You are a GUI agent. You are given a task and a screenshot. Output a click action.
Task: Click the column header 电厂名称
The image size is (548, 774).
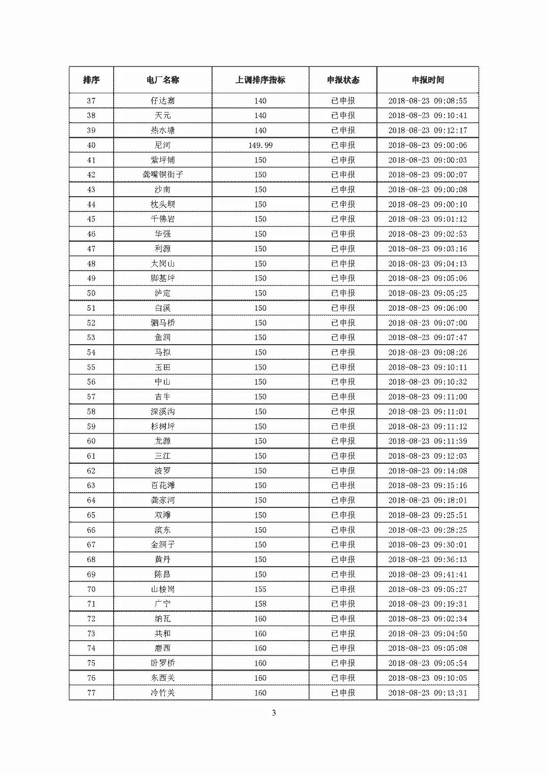coord(162,80)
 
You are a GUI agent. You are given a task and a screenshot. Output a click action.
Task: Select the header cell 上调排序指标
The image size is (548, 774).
coord(260,80)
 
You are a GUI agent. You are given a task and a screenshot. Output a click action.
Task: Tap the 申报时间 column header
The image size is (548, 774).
coord(428,80)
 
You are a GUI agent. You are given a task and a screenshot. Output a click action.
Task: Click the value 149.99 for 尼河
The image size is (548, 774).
coord(260,145)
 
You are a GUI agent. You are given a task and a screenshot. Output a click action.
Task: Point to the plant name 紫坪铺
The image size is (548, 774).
coord(162,160)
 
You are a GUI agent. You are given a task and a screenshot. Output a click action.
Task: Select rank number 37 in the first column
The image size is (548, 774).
coord(91,101)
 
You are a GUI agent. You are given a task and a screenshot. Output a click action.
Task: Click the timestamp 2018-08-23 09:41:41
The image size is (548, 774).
coord(428,574)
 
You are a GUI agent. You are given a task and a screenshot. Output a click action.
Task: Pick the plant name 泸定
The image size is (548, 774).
coord(162,293)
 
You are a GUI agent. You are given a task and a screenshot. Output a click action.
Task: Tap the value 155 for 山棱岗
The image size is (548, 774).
coord(260,589)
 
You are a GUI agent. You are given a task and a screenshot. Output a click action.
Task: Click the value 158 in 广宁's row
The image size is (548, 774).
coord(260,604)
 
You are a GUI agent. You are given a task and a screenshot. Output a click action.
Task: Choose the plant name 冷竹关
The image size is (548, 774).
coord(162,692)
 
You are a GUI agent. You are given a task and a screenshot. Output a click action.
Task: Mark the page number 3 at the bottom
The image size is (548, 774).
coord(274,713)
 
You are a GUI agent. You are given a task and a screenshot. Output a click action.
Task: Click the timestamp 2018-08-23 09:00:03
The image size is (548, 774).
coord(428,160)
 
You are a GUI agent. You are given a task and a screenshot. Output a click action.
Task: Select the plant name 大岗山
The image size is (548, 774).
coord(162,264)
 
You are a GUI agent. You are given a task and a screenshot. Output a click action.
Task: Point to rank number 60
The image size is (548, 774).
coord(91,441)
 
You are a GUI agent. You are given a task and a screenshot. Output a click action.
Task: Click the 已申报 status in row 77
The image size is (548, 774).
coord(343,692)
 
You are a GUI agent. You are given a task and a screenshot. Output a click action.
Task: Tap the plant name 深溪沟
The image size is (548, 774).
coord(162,412)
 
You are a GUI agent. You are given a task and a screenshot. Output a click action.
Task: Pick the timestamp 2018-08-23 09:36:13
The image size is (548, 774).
coord(428,560)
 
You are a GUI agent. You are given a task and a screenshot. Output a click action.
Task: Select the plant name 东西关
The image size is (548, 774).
coord(162,678)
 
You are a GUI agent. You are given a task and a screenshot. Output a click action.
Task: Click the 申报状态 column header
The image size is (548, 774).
coord(343,80)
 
